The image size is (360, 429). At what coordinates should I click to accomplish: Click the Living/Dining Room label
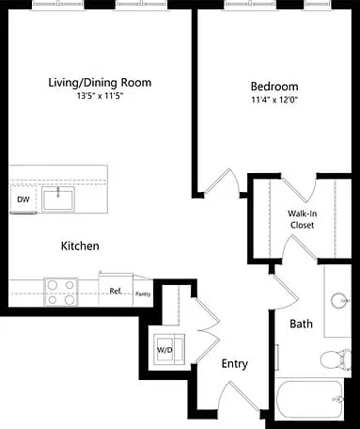coord(100,83)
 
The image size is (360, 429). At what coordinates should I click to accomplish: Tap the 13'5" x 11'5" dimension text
coord(100,96)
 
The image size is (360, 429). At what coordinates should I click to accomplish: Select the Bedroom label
coord(274,87)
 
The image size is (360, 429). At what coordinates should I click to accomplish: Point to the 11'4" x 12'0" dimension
coord(274,100)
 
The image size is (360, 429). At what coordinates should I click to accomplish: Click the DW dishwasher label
coord(23,199)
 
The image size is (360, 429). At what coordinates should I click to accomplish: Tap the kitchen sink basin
coord(58,199)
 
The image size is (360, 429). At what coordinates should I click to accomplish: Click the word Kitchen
coord(80,246)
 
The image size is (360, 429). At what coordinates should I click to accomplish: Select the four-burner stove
coord(61,292)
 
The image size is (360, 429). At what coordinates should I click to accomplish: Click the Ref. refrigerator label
coord(116,291)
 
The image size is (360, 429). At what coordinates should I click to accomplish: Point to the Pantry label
coord(143,294)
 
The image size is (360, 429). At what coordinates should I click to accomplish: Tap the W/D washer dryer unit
coord(169,349)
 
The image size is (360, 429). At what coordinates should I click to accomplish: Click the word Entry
coord(235,364)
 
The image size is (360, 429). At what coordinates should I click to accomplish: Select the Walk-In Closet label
coord(302,219)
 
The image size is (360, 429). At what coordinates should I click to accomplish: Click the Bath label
coord(301,324)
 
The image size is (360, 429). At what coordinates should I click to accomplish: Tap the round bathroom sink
coord(338,300)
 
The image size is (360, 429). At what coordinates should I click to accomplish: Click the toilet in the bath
coord(336,358)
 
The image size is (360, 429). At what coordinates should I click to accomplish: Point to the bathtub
coord(309,398)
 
